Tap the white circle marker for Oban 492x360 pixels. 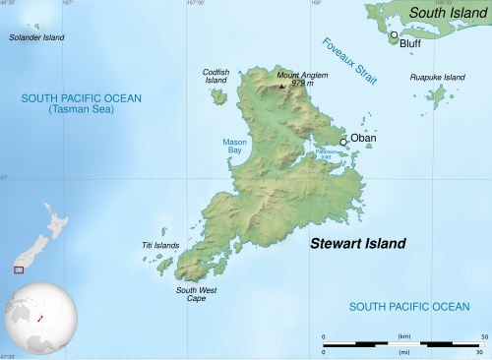(343, 143)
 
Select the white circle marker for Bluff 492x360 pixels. (394, 35)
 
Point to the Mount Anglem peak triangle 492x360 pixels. (282, 86)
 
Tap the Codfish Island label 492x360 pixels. (215, 76)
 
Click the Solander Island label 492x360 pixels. (36, 37)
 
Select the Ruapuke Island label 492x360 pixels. (437, 77)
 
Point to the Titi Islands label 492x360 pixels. (160, 245)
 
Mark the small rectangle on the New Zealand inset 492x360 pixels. (18, 269)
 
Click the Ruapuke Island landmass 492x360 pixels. (436, 95)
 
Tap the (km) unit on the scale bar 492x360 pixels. (402, 336)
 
